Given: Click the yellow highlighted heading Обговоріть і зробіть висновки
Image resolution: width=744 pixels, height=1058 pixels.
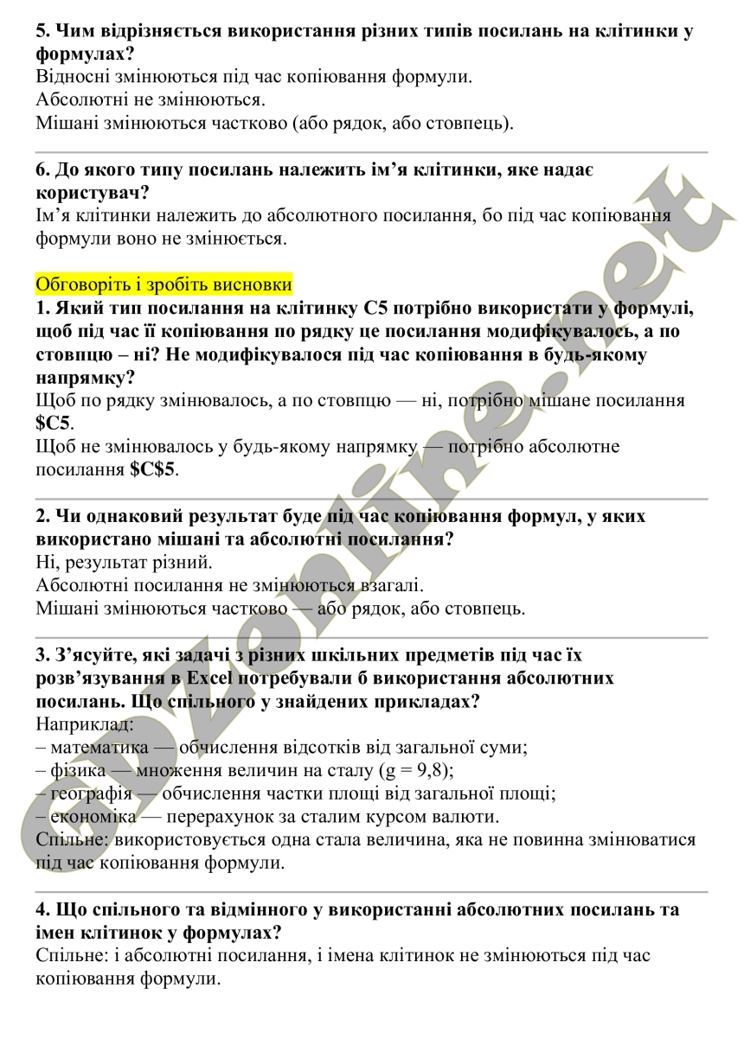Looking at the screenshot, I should (x=164, y=284).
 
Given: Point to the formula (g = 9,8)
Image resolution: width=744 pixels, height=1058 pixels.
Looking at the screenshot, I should (x=416, y=769).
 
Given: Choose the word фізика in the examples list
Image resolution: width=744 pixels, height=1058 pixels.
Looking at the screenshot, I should (x=78, y=769).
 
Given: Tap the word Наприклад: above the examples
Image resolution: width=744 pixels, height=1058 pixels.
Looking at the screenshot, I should (x=84, y=723).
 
